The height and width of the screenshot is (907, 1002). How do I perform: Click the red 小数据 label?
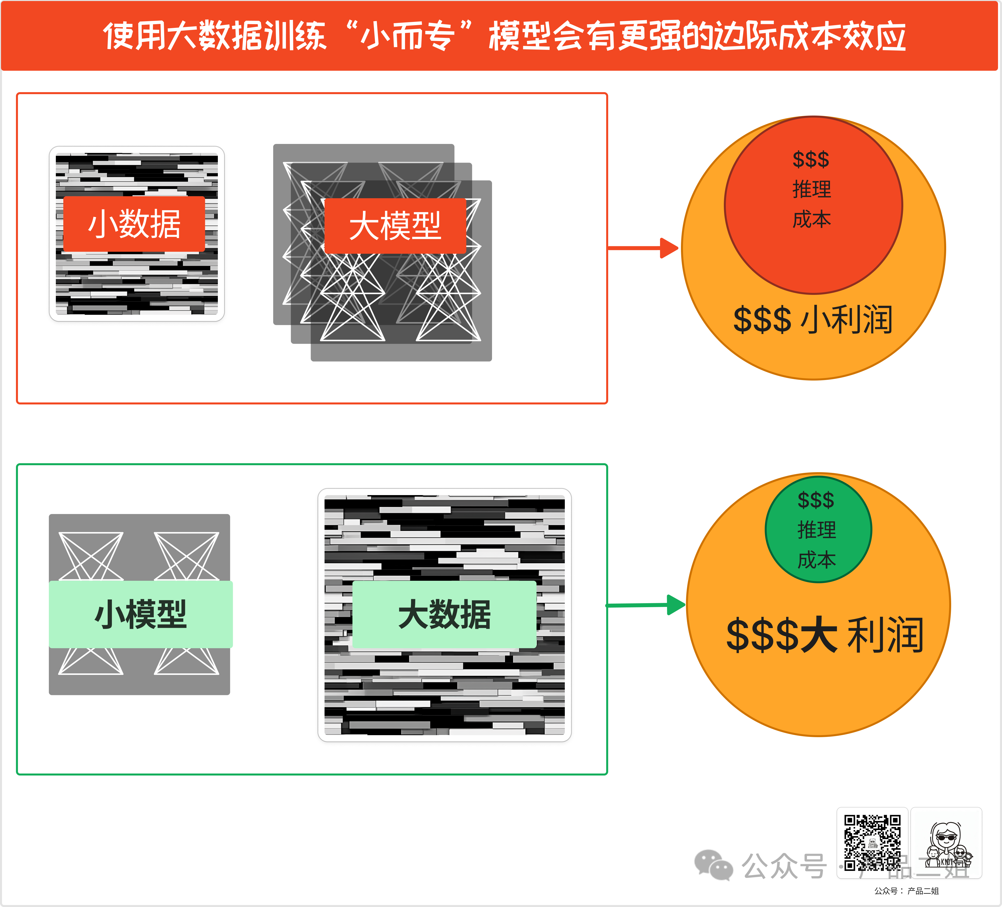[134, 224]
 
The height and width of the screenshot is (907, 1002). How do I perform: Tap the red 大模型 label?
[395, 226]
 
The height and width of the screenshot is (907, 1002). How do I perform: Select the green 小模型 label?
[141, 614]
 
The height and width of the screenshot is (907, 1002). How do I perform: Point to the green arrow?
[646, 605]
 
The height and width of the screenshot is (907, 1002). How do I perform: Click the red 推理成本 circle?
[813, 248]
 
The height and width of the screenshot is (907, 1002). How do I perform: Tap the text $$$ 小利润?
[813, 319]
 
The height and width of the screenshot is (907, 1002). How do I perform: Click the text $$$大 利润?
[825, 635]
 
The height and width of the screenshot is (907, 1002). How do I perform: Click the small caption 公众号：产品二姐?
[906, 891]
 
